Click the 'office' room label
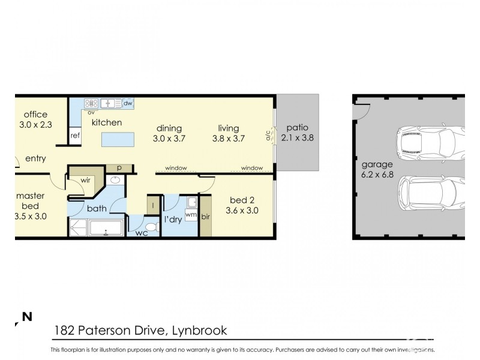click(35, 115)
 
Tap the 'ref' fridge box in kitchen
click(75, 136)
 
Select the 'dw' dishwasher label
click(128, 103)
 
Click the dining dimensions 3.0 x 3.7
click(169, 138)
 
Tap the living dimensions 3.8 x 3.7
click(229, 138)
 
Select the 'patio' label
click(297, 128)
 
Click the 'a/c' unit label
click(268, 136)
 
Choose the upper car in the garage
click(430, 142)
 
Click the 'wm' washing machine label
click(191, 215)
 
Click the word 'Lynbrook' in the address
click(199, 331)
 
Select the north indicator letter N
click(26, 316)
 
